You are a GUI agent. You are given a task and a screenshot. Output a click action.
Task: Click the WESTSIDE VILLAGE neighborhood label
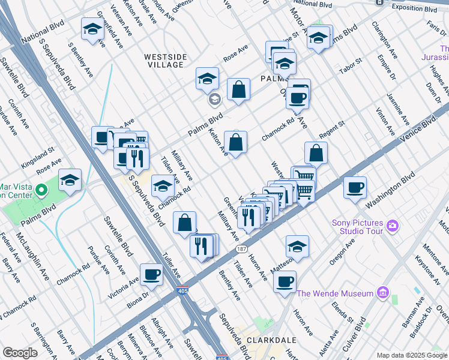pos(165,61)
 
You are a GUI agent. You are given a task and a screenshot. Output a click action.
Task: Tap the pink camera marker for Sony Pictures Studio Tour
pos(393,226)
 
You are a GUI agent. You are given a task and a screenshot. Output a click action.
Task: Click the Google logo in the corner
pos(20,353)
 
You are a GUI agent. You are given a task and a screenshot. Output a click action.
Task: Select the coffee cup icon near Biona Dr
pos(151,275)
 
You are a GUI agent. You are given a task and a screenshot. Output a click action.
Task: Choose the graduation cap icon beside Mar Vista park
pos(70,180)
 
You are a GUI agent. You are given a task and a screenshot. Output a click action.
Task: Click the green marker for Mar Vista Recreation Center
pos(41,191)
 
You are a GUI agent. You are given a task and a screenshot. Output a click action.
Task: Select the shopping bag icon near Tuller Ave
pos(184,222)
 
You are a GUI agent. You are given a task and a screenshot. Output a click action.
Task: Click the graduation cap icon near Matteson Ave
pos(297,246)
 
